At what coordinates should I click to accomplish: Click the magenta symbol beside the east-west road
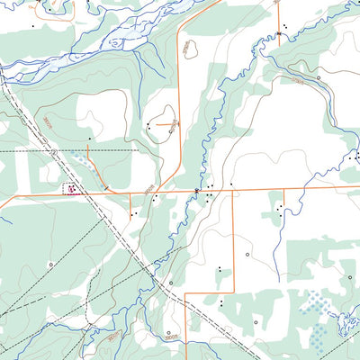[70, 189]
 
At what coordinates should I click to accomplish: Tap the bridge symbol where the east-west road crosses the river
[196, 190]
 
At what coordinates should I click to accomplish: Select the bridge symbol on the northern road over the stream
[279, 34]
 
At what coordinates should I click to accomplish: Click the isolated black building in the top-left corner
[33, 26]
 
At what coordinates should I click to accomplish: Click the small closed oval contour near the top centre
[190, 49]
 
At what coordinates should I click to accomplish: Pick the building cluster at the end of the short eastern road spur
[281, 210]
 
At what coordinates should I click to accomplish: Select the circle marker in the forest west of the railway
[50, 264]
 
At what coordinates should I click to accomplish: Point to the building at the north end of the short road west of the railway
[88, 139]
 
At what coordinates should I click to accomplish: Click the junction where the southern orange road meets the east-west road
[234, 190]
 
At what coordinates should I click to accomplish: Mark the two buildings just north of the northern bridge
[283, 24]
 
